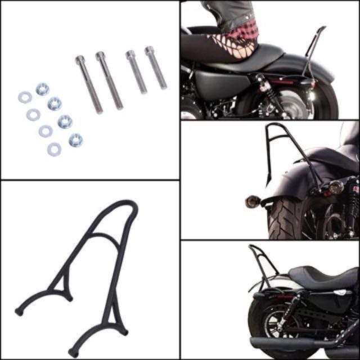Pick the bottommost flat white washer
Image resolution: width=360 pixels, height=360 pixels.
(54, 149)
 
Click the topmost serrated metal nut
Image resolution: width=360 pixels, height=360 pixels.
(42, 89)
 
